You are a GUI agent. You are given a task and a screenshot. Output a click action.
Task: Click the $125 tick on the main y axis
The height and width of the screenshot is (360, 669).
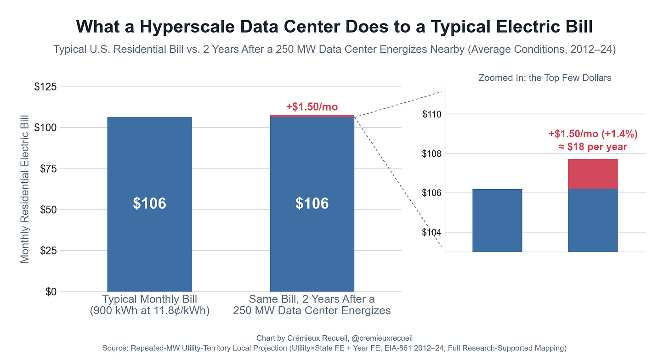point(45,87)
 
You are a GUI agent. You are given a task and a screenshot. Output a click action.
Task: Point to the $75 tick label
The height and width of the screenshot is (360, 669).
point(48,169)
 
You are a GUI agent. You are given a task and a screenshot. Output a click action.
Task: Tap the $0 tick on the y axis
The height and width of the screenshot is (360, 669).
point(51,292)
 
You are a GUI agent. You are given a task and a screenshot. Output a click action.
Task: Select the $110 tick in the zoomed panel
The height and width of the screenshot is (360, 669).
point(432,114)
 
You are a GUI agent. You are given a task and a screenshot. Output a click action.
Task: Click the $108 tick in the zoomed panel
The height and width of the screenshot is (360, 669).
point(432,154)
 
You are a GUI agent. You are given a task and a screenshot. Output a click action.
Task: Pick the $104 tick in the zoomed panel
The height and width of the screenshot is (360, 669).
point(432,232)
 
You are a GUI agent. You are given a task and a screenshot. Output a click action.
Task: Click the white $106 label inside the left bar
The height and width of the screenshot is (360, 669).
point(149,203)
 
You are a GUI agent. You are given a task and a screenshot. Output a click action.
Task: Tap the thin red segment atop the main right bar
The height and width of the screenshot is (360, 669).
point(312,116)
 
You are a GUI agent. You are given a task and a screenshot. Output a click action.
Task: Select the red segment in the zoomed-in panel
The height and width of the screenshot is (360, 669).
point(593,174)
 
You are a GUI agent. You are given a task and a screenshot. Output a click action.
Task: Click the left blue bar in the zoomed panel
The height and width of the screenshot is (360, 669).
point(497,220)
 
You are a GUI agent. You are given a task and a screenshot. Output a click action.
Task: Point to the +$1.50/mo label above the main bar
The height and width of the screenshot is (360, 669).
point(312,107)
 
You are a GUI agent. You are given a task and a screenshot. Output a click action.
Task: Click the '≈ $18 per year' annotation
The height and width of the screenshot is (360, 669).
point(593,147)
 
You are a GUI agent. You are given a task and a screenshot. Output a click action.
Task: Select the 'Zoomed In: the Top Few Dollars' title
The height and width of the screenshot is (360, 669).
point(545,78)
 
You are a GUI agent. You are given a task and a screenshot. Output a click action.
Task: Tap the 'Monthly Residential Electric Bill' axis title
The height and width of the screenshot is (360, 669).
point(25,189)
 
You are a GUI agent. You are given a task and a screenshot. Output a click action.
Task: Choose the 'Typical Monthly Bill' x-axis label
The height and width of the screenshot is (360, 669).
point(150,299)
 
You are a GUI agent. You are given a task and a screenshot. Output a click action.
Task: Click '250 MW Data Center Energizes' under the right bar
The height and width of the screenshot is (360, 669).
point(312,310)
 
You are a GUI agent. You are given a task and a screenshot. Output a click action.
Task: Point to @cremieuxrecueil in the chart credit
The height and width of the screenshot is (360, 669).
point(382,338)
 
